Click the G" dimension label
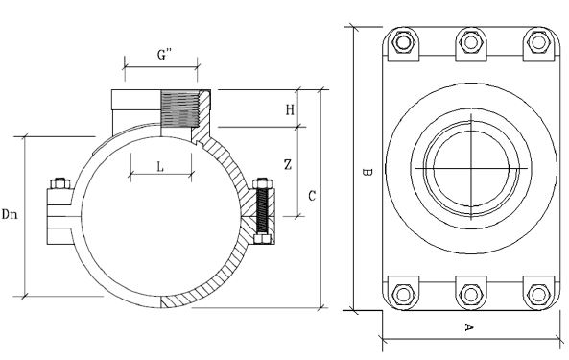coord(164,55)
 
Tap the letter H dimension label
coord(290,109)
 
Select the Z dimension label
coord(288,165)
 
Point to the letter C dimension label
coord(312,196)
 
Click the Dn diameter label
coord(10,214)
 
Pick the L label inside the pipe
coord(160,167)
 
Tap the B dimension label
coord(367,172)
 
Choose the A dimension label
coord(469,327)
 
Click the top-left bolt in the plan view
coord(403,42)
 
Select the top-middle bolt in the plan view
coord(471,42)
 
